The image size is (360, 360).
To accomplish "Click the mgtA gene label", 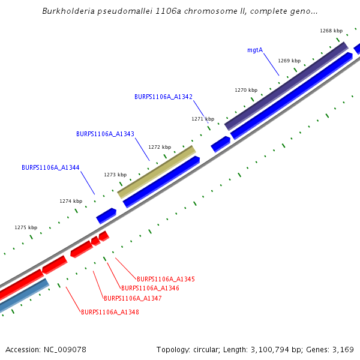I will [255, 50].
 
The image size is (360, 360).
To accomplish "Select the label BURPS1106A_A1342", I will [163, 97].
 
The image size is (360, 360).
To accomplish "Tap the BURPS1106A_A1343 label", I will [105, 134].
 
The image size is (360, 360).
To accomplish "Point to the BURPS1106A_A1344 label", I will [50, 168].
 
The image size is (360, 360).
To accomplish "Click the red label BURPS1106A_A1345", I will [166, 280].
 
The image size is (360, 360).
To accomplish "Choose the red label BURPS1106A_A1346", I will [150, 289].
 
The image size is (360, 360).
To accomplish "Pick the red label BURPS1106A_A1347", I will [133, 298].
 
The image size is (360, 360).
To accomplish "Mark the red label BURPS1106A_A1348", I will [110, 312].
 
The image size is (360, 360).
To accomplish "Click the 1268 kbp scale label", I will [331, 31].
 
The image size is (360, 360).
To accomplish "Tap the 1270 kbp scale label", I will [246, 90].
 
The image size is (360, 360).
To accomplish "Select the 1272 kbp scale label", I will [160, 147].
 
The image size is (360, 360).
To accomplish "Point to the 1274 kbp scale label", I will [71, 202].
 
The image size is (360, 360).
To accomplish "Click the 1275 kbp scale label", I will [26, 228].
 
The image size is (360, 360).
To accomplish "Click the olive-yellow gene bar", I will [157, 172].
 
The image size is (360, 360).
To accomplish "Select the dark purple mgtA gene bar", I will [286, 85].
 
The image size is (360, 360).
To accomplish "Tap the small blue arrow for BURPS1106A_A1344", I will [106, 215].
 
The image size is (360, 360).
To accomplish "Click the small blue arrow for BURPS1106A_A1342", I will [220, 144].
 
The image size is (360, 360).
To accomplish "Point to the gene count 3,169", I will [343, 349].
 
